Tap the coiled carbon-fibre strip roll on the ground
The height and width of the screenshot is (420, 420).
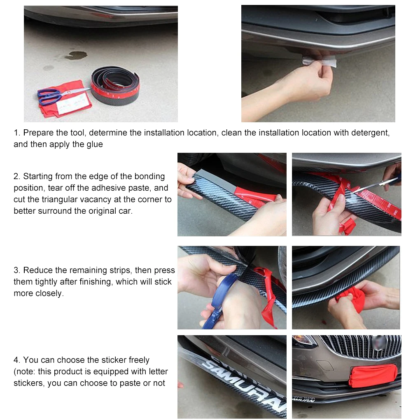pyautogui.click(x=115, y=86)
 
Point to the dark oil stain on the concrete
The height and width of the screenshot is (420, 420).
pyautogui.click(x=76, y=55)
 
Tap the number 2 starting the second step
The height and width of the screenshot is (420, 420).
pyautogui.click(x=16, y=176)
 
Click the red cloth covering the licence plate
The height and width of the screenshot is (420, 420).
pyautogui.click(x=373, y=376)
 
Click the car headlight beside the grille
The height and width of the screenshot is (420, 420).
pyautogui.click(x=303, y=341)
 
